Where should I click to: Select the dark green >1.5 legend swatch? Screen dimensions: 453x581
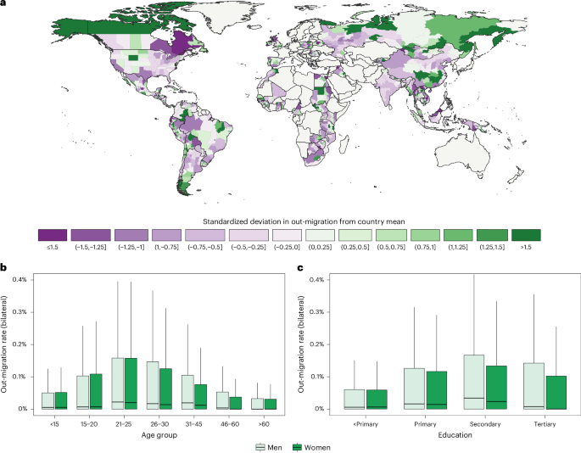(x=527, y=234)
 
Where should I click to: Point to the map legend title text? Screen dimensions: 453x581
(x=290, y=218)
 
